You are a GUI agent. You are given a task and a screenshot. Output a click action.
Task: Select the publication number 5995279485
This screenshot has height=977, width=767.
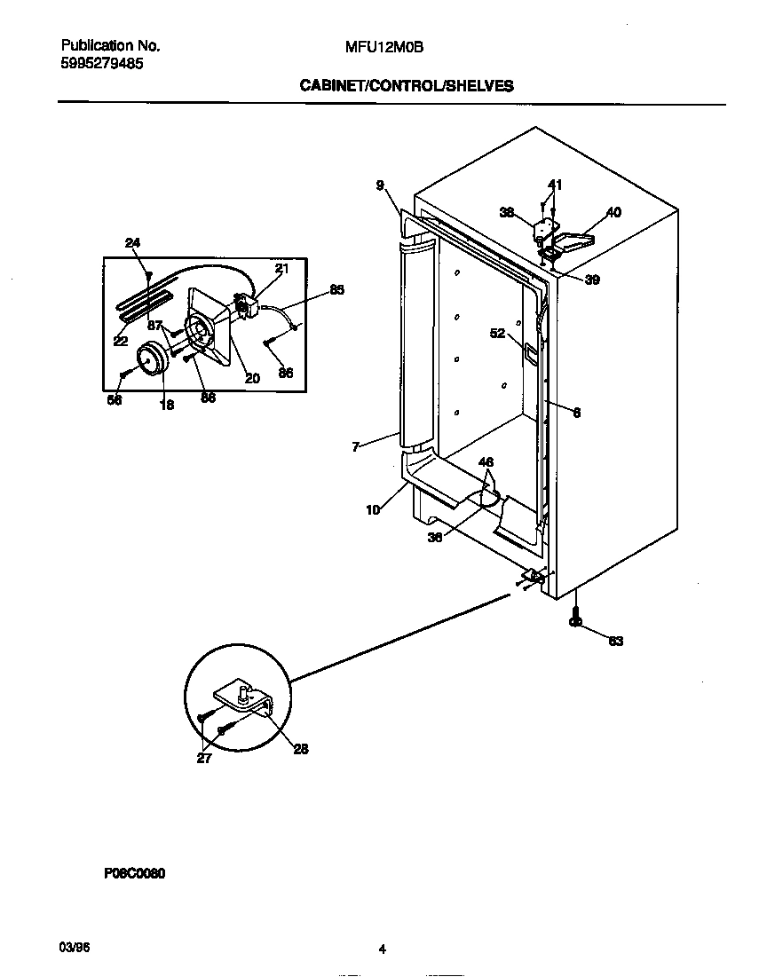point(103,64)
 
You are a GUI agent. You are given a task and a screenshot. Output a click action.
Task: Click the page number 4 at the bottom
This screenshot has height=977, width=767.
point(382,949)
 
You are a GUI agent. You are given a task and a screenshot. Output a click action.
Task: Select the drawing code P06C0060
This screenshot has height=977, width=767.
point(135,873)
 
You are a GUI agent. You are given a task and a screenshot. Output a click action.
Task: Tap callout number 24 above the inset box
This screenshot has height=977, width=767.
point(132,243)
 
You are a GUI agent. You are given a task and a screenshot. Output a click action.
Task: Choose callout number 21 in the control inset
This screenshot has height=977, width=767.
point(281,268)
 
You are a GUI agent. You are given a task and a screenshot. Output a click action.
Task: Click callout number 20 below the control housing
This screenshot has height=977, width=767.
point(252,377)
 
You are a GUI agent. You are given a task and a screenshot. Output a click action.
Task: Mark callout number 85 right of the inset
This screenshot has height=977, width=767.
point(336,289)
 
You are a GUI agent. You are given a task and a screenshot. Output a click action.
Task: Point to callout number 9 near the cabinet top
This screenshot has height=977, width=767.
point(379,185)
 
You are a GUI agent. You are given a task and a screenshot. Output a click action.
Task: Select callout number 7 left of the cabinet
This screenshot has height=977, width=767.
point(355,447)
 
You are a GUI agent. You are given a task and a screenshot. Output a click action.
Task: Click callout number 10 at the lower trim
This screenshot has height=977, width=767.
point(373,509)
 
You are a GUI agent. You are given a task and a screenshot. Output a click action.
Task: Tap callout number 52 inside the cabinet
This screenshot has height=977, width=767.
point(497,334)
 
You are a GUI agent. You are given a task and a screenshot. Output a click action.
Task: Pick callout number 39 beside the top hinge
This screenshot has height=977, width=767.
point(591,280)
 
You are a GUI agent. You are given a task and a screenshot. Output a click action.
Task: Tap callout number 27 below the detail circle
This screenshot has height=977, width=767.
point(204,759)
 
